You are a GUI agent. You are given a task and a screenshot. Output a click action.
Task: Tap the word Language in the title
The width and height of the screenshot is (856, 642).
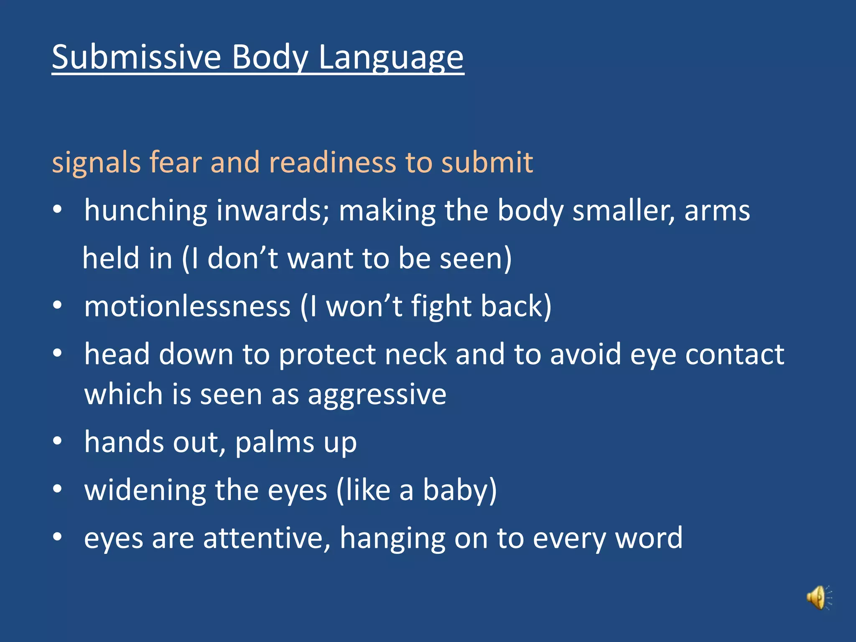click(391, 58)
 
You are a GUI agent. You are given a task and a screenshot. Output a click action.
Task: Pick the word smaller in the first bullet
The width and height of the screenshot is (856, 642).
click(623, 211)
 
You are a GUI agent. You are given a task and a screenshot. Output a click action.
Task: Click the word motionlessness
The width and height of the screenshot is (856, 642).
click(187, 306)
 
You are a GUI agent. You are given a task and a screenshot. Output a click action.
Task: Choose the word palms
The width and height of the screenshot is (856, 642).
click(274, 443)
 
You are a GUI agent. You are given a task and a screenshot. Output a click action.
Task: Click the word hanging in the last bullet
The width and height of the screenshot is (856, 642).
click(392, 539)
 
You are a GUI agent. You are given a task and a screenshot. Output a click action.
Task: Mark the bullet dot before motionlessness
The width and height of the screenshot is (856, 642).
click(58, 306)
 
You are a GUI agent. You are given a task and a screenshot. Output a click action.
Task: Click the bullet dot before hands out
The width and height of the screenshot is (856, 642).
click(58, 441)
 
